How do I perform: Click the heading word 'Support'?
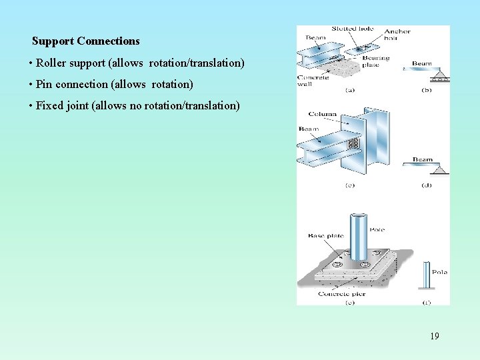click(53, 41)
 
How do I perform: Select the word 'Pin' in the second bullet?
click(44, 85)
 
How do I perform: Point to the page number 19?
click(434, 336)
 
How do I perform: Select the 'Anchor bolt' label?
click(397, 35)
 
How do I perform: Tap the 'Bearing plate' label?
click(375, 62)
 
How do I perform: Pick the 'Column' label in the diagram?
click(323, 115)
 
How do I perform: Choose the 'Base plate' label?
click(325, 235)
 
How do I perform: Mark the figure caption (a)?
click(349, 90)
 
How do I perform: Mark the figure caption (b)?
click(427, 90)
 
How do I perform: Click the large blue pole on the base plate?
click(359, 237)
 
